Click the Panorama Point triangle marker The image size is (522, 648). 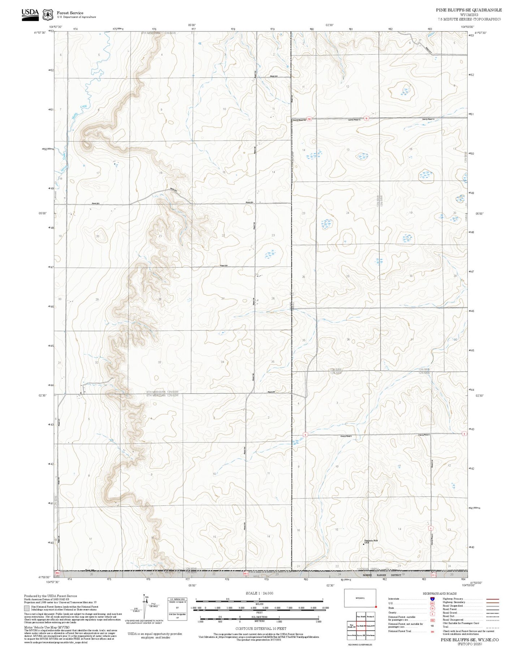[x=363, y=544]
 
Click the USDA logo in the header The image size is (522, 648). [x=30, y=14]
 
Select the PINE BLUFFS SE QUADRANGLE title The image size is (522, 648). [x=469, y=10]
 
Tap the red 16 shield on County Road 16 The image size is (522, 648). [x=366, y=118]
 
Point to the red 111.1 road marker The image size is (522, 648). [x=434, y=574]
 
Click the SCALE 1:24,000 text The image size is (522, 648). [x=259, y=593]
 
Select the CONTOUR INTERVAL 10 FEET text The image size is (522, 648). [x=260, y=628]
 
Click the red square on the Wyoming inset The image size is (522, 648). [x=376, y=606]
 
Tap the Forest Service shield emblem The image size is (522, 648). [x=48, y=14]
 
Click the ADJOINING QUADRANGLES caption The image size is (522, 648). [x=359, y=644]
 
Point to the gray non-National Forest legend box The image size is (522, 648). [x=27, y=608]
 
